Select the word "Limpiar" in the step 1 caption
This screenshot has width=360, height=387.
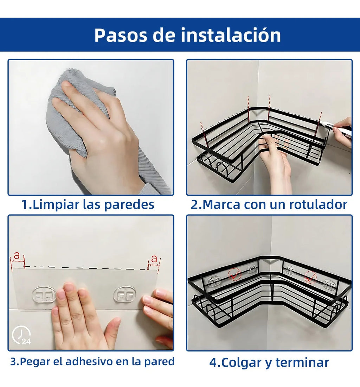[x=55, y=204]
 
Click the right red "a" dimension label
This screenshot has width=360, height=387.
[x=154, y=259]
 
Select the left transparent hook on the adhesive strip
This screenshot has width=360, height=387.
[x=44, y=294]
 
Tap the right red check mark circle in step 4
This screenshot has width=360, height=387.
[x=310, y=277]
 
